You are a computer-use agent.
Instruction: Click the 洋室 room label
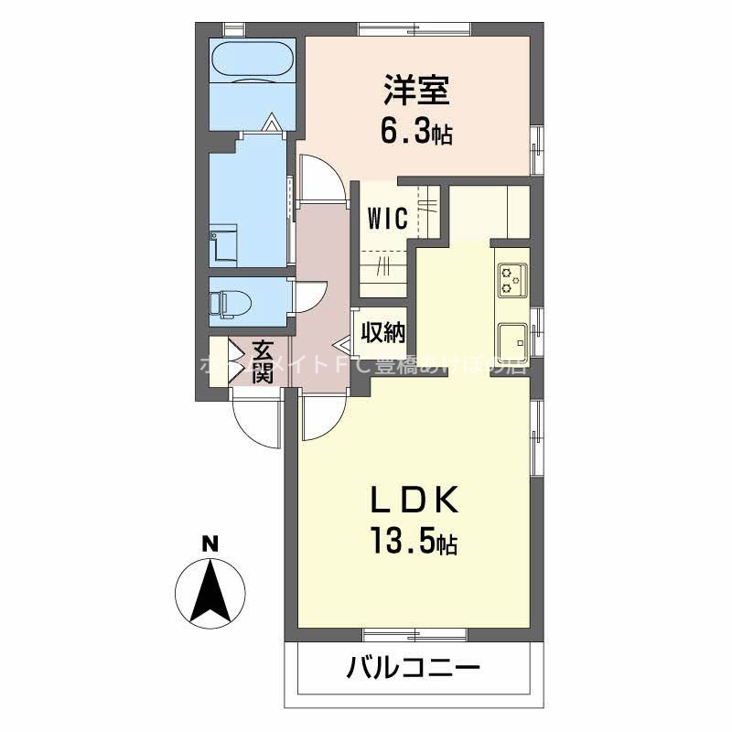click(x=416, y=91)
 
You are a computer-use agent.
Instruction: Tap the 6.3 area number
click(x=408, y=133)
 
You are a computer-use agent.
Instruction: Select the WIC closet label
click(x=387, y=220)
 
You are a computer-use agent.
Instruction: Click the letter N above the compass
click(x=210, y=544)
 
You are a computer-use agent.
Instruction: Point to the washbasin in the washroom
click(x=223, y=245)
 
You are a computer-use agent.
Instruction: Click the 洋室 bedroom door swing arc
click(x=322, y=178)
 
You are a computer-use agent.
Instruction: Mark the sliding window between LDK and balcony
click(x=416, y=633)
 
